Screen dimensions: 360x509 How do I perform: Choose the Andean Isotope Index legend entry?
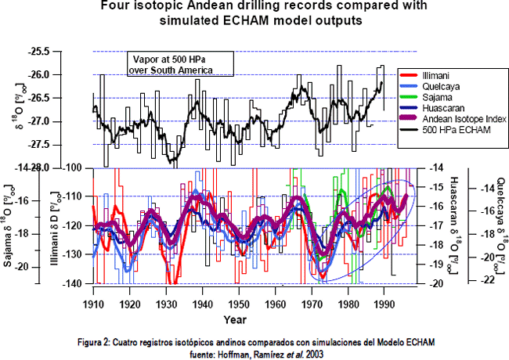point(462,118)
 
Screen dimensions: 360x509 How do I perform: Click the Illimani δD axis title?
point(59,226)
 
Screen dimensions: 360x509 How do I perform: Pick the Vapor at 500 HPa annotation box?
point(172,65)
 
